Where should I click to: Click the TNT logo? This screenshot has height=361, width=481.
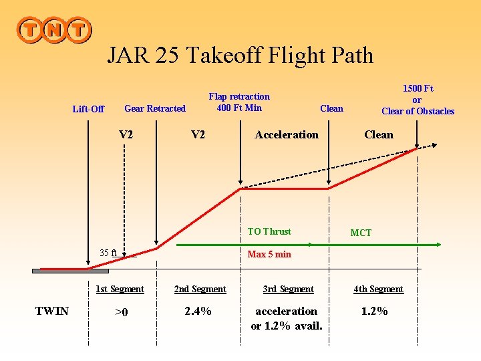tap(54, 29)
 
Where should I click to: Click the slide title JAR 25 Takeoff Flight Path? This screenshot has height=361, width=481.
tap(240, 55)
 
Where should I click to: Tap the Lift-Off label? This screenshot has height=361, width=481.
tap(88, 109)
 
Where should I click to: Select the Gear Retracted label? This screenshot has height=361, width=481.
tap(155, 108)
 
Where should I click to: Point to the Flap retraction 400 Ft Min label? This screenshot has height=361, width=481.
tap(239, 102)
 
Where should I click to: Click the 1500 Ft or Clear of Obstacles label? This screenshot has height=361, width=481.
tap(418, 100)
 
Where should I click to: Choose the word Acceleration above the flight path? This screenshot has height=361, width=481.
tap(287, 134)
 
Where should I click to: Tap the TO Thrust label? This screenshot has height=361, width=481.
tap(269, 231)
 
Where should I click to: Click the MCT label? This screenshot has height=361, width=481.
tap(361, 233)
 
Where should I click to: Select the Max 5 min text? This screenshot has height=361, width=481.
tap(269, 254)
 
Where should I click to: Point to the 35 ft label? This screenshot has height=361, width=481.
tap(108, 253)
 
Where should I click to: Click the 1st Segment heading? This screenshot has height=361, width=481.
tap(120, 289)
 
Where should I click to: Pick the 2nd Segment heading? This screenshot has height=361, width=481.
tap(200, 289)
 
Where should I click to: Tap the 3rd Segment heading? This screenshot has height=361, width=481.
tap(288, 289)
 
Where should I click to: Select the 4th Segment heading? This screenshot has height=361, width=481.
tap(378, 289)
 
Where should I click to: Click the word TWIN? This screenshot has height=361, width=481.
tap(51, 311)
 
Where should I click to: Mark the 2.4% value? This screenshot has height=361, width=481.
tap(198, 311)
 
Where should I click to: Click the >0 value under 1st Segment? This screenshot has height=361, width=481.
tap(121, 312)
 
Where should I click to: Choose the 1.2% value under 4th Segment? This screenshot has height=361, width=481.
tap(374, 311)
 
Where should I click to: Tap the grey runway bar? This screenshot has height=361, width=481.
tap(70, 271)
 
